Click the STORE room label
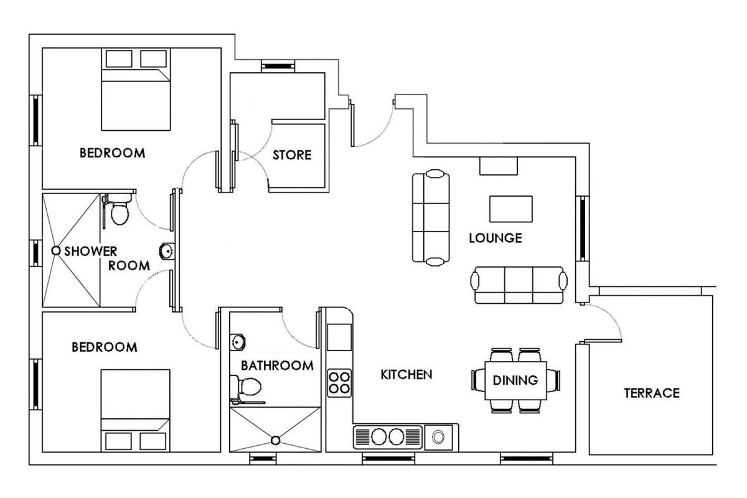coord(292,155)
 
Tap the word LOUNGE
coord(496,238)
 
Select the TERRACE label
coord(652,393)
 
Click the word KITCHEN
coord(406,375)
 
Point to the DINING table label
coord(515,380)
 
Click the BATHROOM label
coord(277,365)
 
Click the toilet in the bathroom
coord(247,388)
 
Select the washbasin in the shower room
coord(167,251)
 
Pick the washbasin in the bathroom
coord(237,342)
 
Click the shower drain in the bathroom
coord(275,440)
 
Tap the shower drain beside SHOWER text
coord(55,250)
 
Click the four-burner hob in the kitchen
coord(339,383)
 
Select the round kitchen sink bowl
coord(438,436)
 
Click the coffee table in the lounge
coord(511,209)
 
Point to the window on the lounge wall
coord(582,228)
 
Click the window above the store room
coord(278,66)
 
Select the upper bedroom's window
coord(35,120)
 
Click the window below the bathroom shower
coord(263,459)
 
